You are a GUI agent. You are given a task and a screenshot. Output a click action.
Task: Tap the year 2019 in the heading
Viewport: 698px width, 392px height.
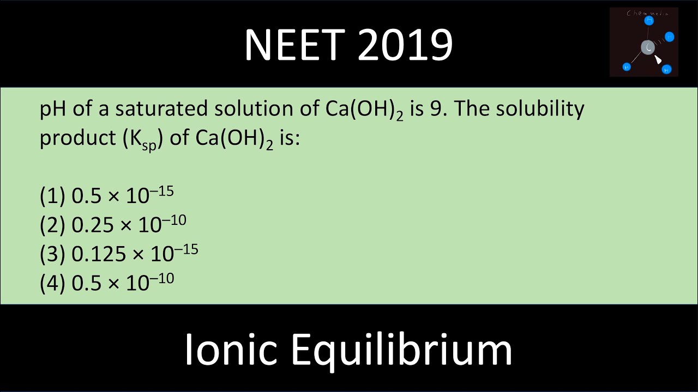[x=406, y=45]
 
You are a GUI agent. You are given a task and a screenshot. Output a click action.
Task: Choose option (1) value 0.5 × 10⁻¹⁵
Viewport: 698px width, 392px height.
[x=122, y=195]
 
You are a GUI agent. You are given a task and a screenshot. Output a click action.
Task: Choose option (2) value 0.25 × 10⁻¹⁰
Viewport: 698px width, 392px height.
[x=129, y=224]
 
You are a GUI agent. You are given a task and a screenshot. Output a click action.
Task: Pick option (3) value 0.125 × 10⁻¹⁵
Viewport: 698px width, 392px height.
[x=135, y=253]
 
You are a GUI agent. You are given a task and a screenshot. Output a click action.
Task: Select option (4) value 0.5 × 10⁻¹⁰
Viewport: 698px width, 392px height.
[x=122, y=281]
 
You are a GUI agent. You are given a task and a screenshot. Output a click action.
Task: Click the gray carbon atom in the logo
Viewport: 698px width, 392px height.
[x=647, y=47]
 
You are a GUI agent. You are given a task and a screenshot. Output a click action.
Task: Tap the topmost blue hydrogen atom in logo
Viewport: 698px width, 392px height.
[x=649, y=21]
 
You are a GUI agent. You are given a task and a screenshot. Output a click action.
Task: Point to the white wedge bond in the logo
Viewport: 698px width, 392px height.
[x=658, y=59]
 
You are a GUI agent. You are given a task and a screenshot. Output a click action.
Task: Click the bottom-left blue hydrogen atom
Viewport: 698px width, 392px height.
[x=627, y=67]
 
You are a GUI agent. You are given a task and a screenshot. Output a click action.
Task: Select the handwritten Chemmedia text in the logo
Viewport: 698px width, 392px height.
[x=647, y=13]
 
